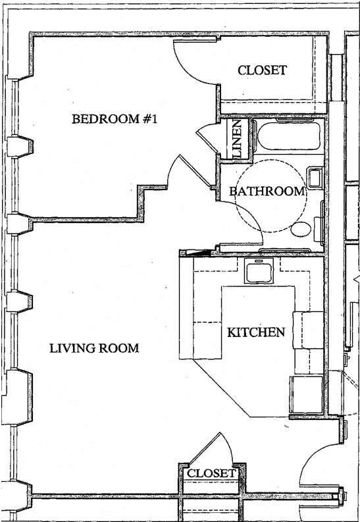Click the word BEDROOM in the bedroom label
click(x=97, y=119)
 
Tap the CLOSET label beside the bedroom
click(x=262, y=70)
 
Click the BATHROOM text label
click(x=267, y=192)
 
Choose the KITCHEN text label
click(x=256, y=332)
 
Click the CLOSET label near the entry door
click(x=211, y=473)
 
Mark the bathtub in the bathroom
click(x=286, y=139)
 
